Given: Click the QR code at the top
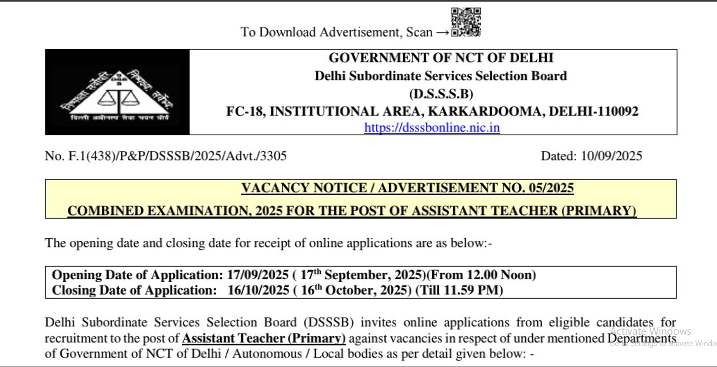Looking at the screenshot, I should [x=466, y=22].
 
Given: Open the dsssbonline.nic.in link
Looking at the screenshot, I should [x=432, y=127].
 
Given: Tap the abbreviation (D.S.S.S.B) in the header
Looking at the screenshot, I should [x=441, y=94].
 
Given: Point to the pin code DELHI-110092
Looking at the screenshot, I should [x=593, y=111].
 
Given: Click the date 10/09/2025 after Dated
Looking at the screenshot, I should [x=611, y=156].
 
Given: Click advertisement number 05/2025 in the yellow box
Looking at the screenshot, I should [x=551, y=188].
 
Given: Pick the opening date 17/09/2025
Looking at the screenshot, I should [x=258, y=275].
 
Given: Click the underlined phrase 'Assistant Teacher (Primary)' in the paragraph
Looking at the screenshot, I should [x=264, y=338].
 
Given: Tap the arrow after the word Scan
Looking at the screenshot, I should [x=442, y=33].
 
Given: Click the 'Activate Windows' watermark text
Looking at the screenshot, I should [x=650, y=331].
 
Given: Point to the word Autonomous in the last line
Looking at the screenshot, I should [x=267, y=354].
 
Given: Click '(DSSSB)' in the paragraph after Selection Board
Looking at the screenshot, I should [x=329, y=322].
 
